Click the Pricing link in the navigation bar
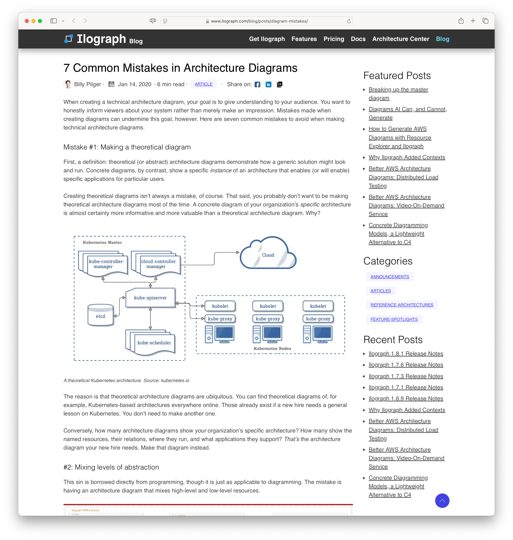(334, 39)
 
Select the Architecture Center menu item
(400, 39)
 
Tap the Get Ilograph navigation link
(267, 39)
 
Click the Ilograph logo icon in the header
(68, 39)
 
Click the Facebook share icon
(257, 85)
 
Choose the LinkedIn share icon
(269, 85)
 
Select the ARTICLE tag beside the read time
(203, 84)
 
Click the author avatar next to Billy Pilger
(68, 84)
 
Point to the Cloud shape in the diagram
(268, 255)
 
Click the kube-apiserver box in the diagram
(150, 298)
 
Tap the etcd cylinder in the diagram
(100, 316)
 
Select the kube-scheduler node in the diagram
(154, 343)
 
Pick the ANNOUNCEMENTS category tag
(390, 277)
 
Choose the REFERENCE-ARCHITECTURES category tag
(402, 305)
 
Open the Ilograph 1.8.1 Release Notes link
(406, 354)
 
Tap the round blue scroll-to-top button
(442, 501)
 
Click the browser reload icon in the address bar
(349, 21)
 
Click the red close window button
(27, 21)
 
